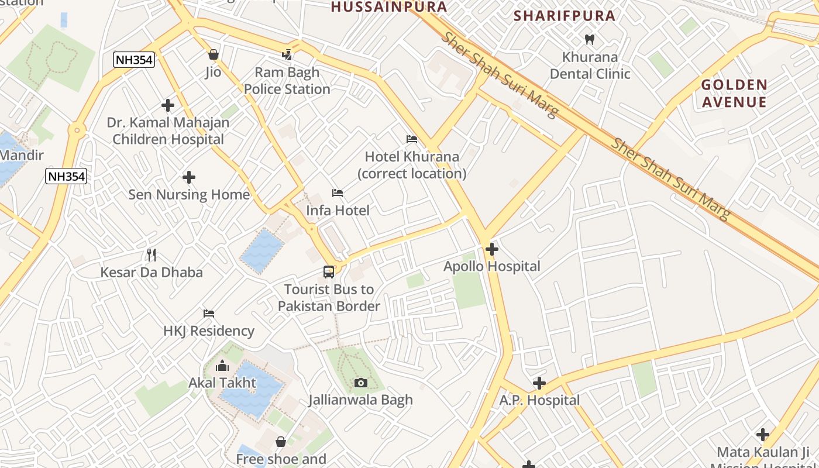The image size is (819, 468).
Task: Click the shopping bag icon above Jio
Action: (214, 54)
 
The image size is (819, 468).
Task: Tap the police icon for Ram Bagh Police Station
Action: (287, 55)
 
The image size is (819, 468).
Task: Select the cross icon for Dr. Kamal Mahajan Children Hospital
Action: (168, 105)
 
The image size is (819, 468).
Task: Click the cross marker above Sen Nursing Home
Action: (188, 177)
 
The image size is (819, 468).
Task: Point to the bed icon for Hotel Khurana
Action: (412, 139)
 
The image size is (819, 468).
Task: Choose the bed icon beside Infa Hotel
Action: (338, 193)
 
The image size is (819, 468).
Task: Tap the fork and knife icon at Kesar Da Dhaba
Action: (152, 254)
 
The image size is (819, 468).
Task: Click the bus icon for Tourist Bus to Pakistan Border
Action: (329, 271)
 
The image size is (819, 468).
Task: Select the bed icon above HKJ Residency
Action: (209, 314)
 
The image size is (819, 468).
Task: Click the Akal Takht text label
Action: (222, 383)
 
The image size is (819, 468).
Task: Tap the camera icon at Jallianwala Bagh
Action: (361, 383)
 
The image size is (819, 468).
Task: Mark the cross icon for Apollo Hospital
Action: (491, 249)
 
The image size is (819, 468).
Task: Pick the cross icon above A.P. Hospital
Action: (539, 383)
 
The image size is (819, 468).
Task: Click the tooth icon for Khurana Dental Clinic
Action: (590, 40)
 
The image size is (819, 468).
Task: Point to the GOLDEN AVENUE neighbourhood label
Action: (734, 94)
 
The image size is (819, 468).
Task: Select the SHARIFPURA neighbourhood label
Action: (565, 16)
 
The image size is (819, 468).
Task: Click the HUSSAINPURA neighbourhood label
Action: (389, 7)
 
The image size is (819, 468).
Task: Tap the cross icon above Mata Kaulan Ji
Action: (762, 435)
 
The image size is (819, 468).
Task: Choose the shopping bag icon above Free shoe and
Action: (281, 441)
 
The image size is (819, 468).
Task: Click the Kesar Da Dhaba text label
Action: (152, 272)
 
